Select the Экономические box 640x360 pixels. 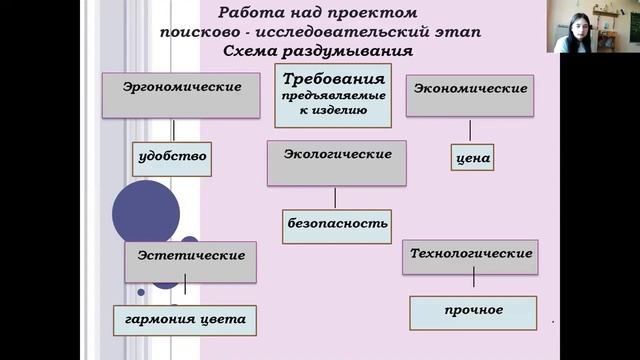469,97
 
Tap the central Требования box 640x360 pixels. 333,95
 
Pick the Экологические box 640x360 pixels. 337,163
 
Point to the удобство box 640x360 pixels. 172,158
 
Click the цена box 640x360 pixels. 471,158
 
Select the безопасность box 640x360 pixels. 336,224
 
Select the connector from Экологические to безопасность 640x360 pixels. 336,197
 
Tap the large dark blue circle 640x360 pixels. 146,212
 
